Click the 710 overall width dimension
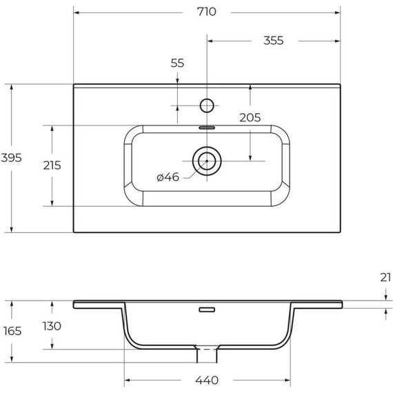point(207,12)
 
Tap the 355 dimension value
point(274,41)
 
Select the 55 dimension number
point(177,63)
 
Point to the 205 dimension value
point(250,117)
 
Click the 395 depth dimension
point(11,158)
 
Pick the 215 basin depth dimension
point(52,165)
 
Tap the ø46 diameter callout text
point(168,177)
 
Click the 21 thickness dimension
point(385,277)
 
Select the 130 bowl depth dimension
point(52,326)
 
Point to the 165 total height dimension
point(12,331)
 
